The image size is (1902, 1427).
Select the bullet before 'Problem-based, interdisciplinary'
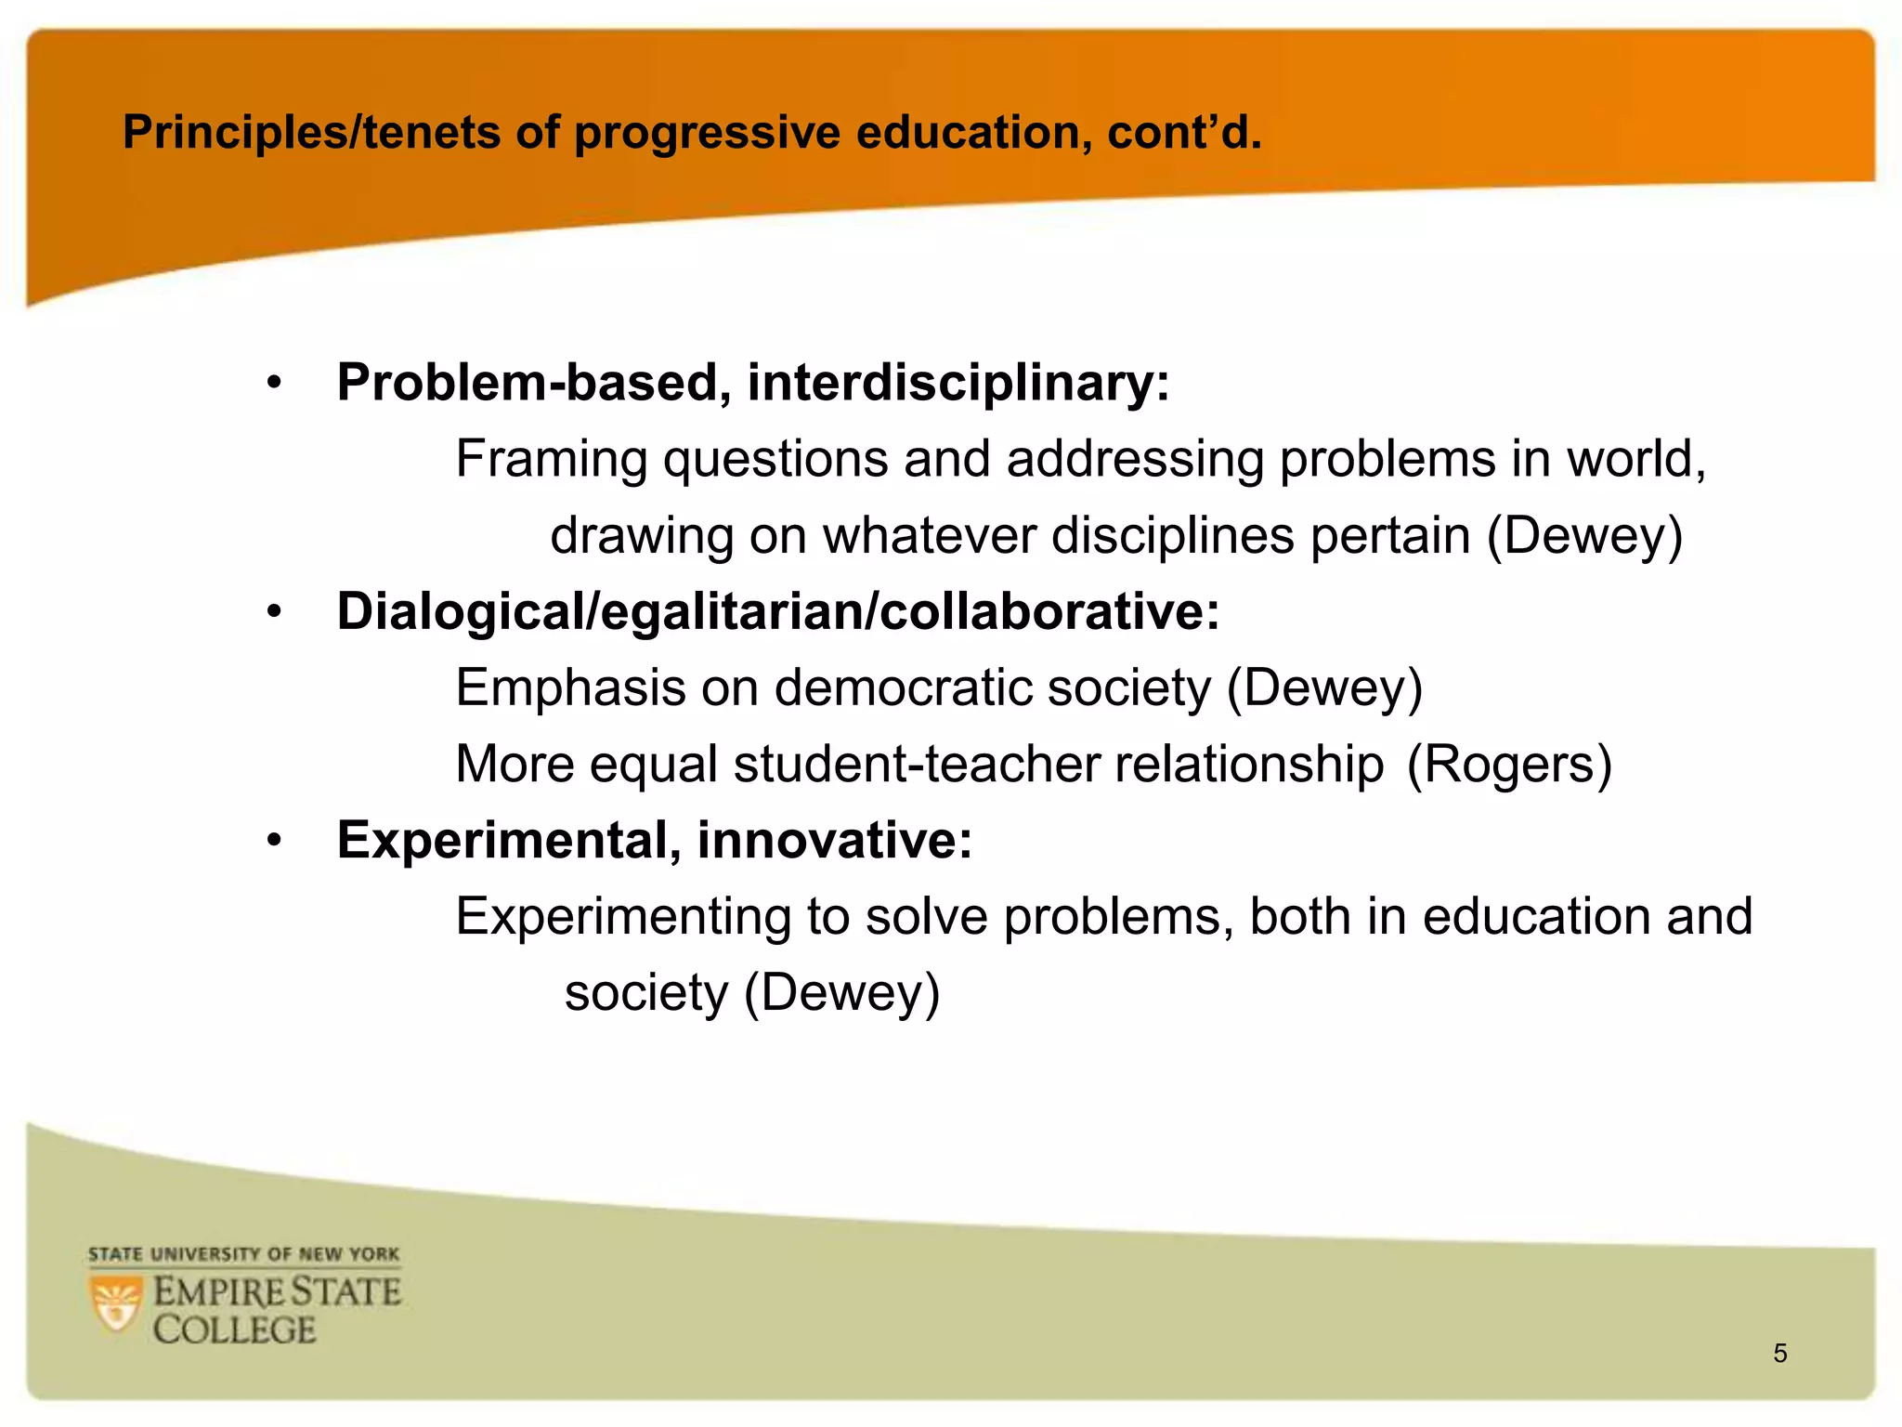[x=273, y=383]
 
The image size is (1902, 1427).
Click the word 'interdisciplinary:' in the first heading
[x=958, y=383]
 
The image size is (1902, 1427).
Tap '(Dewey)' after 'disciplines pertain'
[x=1584, y=536]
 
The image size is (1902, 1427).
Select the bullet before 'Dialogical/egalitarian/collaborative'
[x=273, y=612]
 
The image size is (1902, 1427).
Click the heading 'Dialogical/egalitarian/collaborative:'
[x=777, y=612]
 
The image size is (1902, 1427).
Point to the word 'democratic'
[x=903, y=688]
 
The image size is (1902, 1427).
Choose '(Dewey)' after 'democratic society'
[x=1324, y=688]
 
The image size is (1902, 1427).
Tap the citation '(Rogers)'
[x=1509, y=765]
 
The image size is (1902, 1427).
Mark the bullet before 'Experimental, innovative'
[x=273, y=841]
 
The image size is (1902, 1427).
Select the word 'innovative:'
[x=834, y=841]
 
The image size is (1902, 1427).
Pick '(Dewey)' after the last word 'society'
[x=842, y=993]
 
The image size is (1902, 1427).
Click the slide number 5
[x=1779, y=1354]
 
